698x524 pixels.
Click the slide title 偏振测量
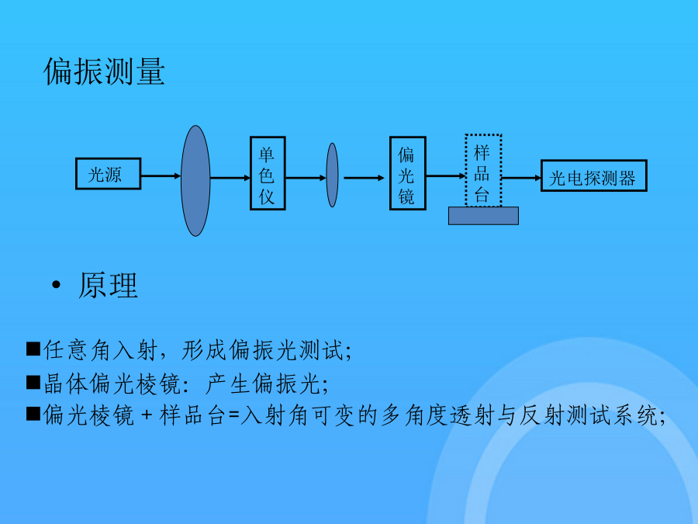(x=104, y=71)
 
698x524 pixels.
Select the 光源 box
(x=108, y=174)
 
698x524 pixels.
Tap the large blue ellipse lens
(x=195, y=180)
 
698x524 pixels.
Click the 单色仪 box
(x=268, y=173)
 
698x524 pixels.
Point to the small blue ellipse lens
(x=332, y=175)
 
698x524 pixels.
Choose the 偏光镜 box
(x=408, y=173)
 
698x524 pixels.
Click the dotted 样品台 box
(x=483, y=170)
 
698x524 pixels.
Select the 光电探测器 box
(x=594, y=175)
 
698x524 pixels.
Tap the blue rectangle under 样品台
(x=483, y=216)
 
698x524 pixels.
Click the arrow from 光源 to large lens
(x=161, y=176)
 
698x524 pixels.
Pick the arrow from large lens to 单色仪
(x=230, y=179)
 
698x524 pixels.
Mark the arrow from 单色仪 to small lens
(x=306, y=179)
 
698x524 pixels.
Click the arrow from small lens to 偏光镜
(x=365, y=179)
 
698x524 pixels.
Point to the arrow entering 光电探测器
(x=521, y=178)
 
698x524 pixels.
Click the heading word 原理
(x=108, y=286)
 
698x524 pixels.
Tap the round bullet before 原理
(x=56, y=285)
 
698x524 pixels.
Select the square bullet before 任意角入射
(x=33, y=349)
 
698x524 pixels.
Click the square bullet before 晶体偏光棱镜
(x=33, y=382)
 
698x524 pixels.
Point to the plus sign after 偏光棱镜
(x=147, y=416)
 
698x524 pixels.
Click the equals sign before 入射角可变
(x=233, y=416)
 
